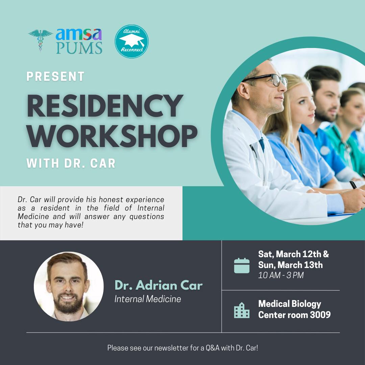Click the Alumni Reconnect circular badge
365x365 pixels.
pos(131,42)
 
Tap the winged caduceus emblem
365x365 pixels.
pos(41,40)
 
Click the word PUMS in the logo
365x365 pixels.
pos(79,48)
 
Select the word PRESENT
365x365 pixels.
pos(55,77)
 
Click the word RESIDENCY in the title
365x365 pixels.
pos(105,106)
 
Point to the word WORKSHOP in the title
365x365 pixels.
pos(112,137)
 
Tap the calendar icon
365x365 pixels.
pos(242,265)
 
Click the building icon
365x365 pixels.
pos(242,310)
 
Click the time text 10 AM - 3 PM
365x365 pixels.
pos(281,275)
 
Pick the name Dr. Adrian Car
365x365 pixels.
pos(159,285)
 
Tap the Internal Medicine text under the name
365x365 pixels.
pos(148,299)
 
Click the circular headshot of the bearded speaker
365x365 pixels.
pos(69,287)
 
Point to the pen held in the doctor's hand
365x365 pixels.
pos(354,185)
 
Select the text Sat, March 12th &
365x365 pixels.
pos(293,254)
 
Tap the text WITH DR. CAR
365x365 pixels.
pos(71,163)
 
